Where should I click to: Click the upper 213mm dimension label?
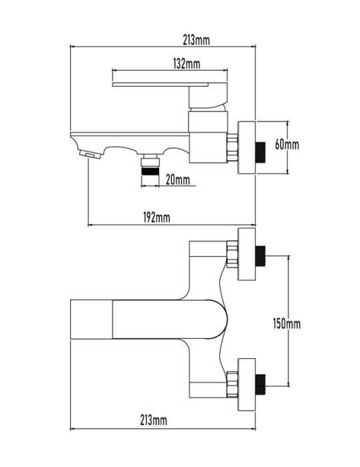point(196,40)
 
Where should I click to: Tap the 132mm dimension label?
point(187,63)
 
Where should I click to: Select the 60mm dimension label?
point(287,145)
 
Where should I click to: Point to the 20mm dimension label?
point(177,179)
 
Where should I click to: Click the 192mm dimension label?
point(157,217)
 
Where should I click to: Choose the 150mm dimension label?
point(287,324)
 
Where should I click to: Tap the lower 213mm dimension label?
point(153,420)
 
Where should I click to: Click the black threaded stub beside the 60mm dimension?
point(261,153)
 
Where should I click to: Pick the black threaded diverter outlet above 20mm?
point(150,171)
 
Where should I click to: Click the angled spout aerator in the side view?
point(91,155)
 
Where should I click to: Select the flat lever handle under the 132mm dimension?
point(161,85)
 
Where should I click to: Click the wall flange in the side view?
point(247,147)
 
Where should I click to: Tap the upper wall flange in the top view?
point(247,254)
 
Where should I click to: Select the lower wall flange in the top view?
point(247,384)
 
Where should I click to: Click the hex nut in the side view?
point(233,147)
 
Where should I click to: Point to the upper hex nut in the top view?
point(233,254)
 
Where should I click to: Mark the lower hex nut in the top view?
point(233,384)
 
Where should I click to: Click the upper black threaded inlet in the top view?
point(261,256)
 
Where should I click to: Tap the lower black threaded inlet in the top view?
point(261,384)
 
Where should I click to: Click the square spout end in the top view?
point(91,320)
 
